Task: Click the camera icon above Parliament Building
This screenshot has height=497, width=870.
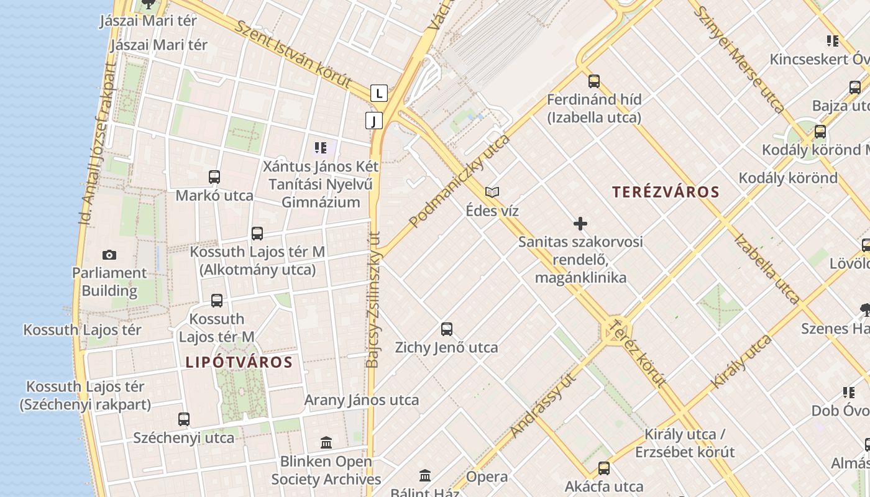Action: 109,255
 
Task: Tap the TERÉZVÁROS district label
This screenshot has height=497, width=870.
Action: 666,192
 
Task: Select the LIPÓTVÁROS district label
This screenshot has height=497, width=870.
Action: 239,362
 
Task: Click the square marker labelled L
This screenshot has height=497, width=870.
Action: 379,94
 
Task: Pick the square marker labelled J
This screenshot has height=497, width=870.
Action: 373,121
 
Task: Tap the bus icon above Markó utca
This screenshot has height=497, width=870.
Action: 214,177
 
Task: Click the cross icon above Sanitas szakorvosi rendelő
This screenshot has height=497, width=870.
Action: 580,224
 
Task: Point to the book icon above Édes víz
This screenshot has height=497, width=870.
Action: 492,193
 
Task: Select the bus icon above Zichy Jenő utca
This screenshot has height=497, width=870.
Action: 447,329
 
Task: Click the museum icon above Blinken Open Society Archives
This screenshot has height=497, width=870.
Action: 326,443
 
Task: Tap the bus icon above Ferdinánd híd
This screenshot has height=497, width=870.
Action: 594,81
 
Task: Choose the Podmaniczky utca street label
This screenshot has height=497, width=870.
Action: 459,181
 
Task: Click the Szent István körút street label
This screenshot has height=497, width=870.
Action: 293,54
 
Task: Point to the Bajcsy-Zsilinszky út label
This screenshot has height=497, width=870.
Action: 373,300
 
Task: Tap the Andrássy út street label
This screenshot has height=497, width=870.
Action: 543,405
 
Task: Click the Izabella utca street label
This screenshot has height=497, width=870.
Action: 766,268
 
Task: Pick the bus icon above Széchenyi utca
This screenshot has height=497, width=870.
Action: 184,419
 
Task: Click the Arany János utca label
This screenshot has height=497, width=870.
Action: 362,400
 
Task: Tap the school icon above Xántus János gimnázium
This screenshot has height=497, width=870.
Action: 321,148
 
